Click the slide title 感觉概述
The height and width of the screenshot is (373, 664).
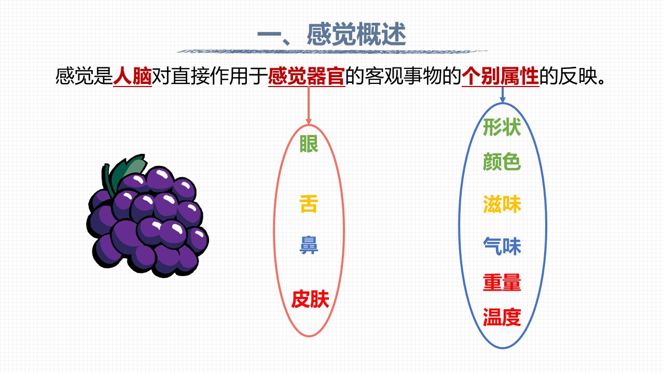(x=356, y=35)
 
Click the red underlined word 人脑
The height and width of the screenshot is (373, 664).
(x=132, y=76)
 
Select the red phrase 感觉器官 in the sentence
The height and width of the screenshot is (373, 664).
(x=307, y=76)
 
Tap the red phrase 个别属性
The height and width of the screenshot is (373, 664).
(x=500, y=76)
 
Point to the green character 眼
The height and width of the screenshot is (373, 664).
(x=309, y=144)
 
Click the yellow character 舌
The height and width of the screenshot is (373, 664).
(x=309, y=204)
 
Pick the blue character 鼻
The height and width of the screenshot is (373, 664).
(x=309, y=245)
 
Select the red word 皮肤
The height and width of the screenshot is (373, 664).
(x=310, y=299)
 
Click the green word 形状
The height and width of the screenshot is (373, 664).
(x=502, y=127)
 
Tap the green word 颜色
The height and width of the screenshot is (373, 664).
(x=502, y=162)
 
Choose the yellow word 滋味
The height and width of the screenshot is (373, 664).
(x=502, y=204)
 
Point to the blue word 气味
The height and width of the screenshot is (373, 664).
(x=502, y=246)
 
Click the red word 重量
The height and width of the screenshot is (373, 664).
(x=502, y=282)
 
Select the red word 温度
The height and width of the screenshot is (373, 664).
(x=502, y=317)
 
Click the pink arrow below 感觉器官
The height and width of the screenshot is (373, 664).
(x=309, y=105)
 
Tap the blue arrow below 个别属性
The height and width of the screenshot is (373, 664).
(x=502, y=94)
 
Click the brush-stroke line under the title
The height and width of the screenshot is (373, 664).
(x=332, y=51)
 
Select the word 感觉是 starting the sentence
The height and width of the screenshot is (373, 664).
(x=84, y=76)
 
